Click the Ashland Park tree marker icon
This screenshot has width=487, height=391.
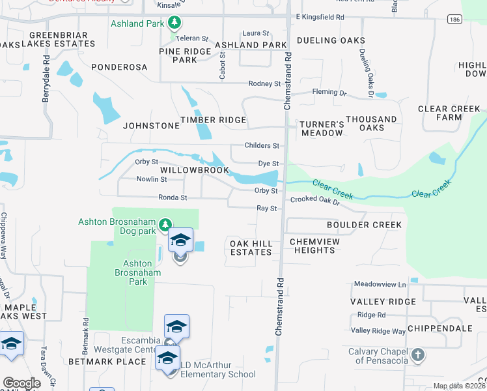[174, 23]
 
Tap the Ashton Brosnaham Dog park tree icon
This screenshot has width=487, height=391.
[165, 225]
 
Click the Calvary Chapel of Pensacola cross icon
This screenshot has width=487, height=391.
[417, 356]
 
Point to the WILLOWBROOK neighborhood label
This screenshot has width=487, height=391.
[195, 170]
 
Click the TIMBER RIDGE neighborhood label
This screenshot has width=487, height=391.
[213, 120]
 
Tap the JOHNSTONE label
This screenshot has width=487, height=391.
[151, 126]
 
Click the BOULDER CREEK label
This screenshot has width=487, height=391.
[364, 225]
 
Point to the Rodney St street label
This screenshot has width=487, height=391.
[264, 83]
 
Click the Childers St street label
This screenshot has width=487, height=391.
[262, 146]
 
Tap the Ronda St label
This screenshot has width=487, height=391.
[173, 197]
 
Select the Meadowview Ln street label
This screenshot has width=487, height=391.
[380, 285]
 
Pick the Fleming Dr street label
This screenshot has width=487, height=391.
[329, 93]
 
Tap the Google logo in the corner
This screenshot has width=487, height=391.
[21, 383]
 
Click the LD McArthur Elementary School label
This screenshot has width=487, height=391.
[210, 374]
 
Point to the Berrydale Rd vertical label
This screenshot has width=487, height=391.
[46, 85]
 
